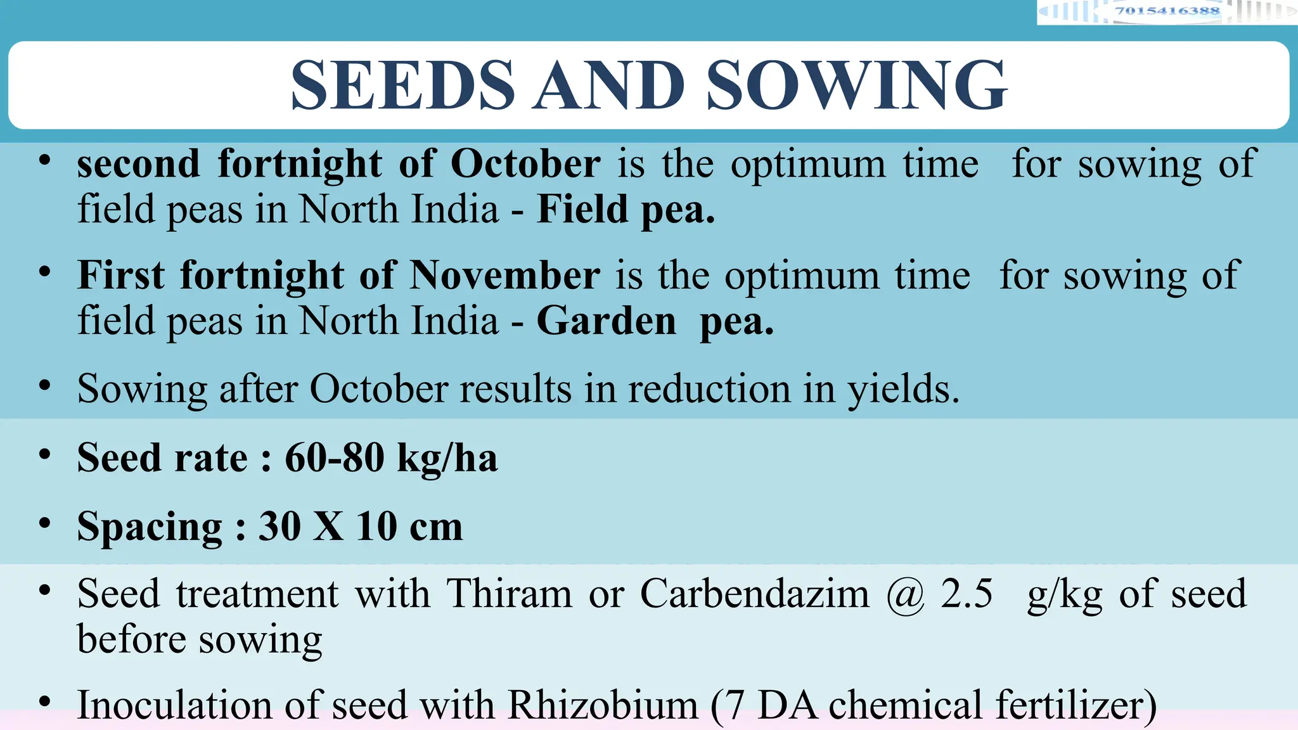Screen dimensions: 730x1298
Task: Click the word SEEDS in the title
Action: [403, 86]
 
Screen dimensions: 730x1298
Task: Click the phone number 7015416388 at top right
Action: [1167, 11]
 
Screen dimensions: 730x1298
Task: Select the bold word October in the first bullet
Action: [525, 164]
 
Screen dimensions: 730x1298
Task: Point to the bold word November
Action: [504, 276]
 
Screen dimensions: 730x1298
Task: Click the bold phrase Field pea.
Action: [626, 209]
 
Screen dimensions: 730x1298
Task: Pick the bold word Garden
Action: [607, 321]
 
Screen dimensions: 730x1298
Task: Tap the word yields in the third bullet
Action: [904, 389]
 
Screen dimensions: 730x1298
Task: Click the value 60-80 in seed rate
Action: [335, 458]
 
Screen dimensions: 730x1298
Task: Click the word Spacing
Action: [150, 527]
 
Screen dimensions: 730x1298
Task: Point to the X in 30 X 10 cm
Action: [328, 526]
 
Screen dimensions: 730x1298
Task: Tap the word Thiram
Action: [510, 594]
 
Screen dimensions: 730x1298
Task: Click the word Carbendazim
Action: [754, 594]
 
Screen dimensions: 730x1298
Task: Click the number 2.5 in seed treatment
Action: [967, 594]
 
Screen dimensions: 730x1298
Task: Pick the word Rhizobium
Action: [603, 705]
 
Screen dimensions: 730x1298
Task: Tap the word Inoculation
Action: [174, 705]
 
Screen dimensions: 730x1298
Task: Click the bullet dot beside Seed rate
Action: [44, 454]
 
